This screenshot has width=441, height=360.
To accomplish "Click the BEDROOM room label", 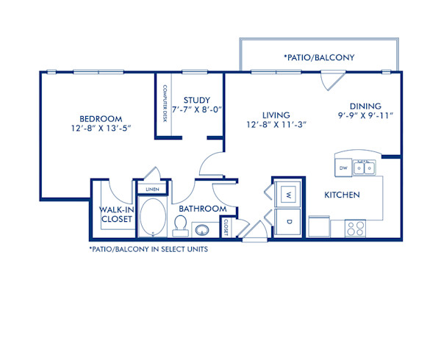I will click(x=101, y=118).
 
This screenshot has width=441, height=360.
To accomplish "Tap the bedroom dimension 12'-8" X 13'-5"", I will click(x=101, y=129).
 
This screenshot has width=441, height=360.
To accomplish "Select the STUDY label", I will click(x=197, y=100).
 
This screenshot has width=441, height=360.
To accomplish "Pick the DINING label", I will click(x=365, y=105).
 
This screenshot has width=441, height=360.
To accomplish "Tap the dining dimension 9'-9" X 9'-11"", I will click(x=365, y=115).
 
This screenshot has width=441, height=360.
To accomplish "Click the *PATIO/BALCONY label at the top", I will click(x=319, y=57).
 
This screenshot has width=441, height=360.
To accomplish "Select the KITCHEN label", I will click(x=342, y=195).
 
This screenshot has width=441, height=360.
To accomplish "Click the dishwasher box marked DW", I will click(x=343, y=168).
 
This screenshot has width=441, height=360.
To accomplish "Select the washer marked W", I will click(x=288, y=195).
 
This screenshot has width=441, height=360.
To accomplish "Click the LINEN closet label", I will click(x=153, y=190).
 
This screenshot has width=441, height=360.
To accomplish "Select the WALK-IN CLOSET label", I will click(x=116, y=213).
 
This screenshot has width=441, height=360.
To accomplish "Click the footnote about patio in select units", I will click(x=147, y=249).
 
